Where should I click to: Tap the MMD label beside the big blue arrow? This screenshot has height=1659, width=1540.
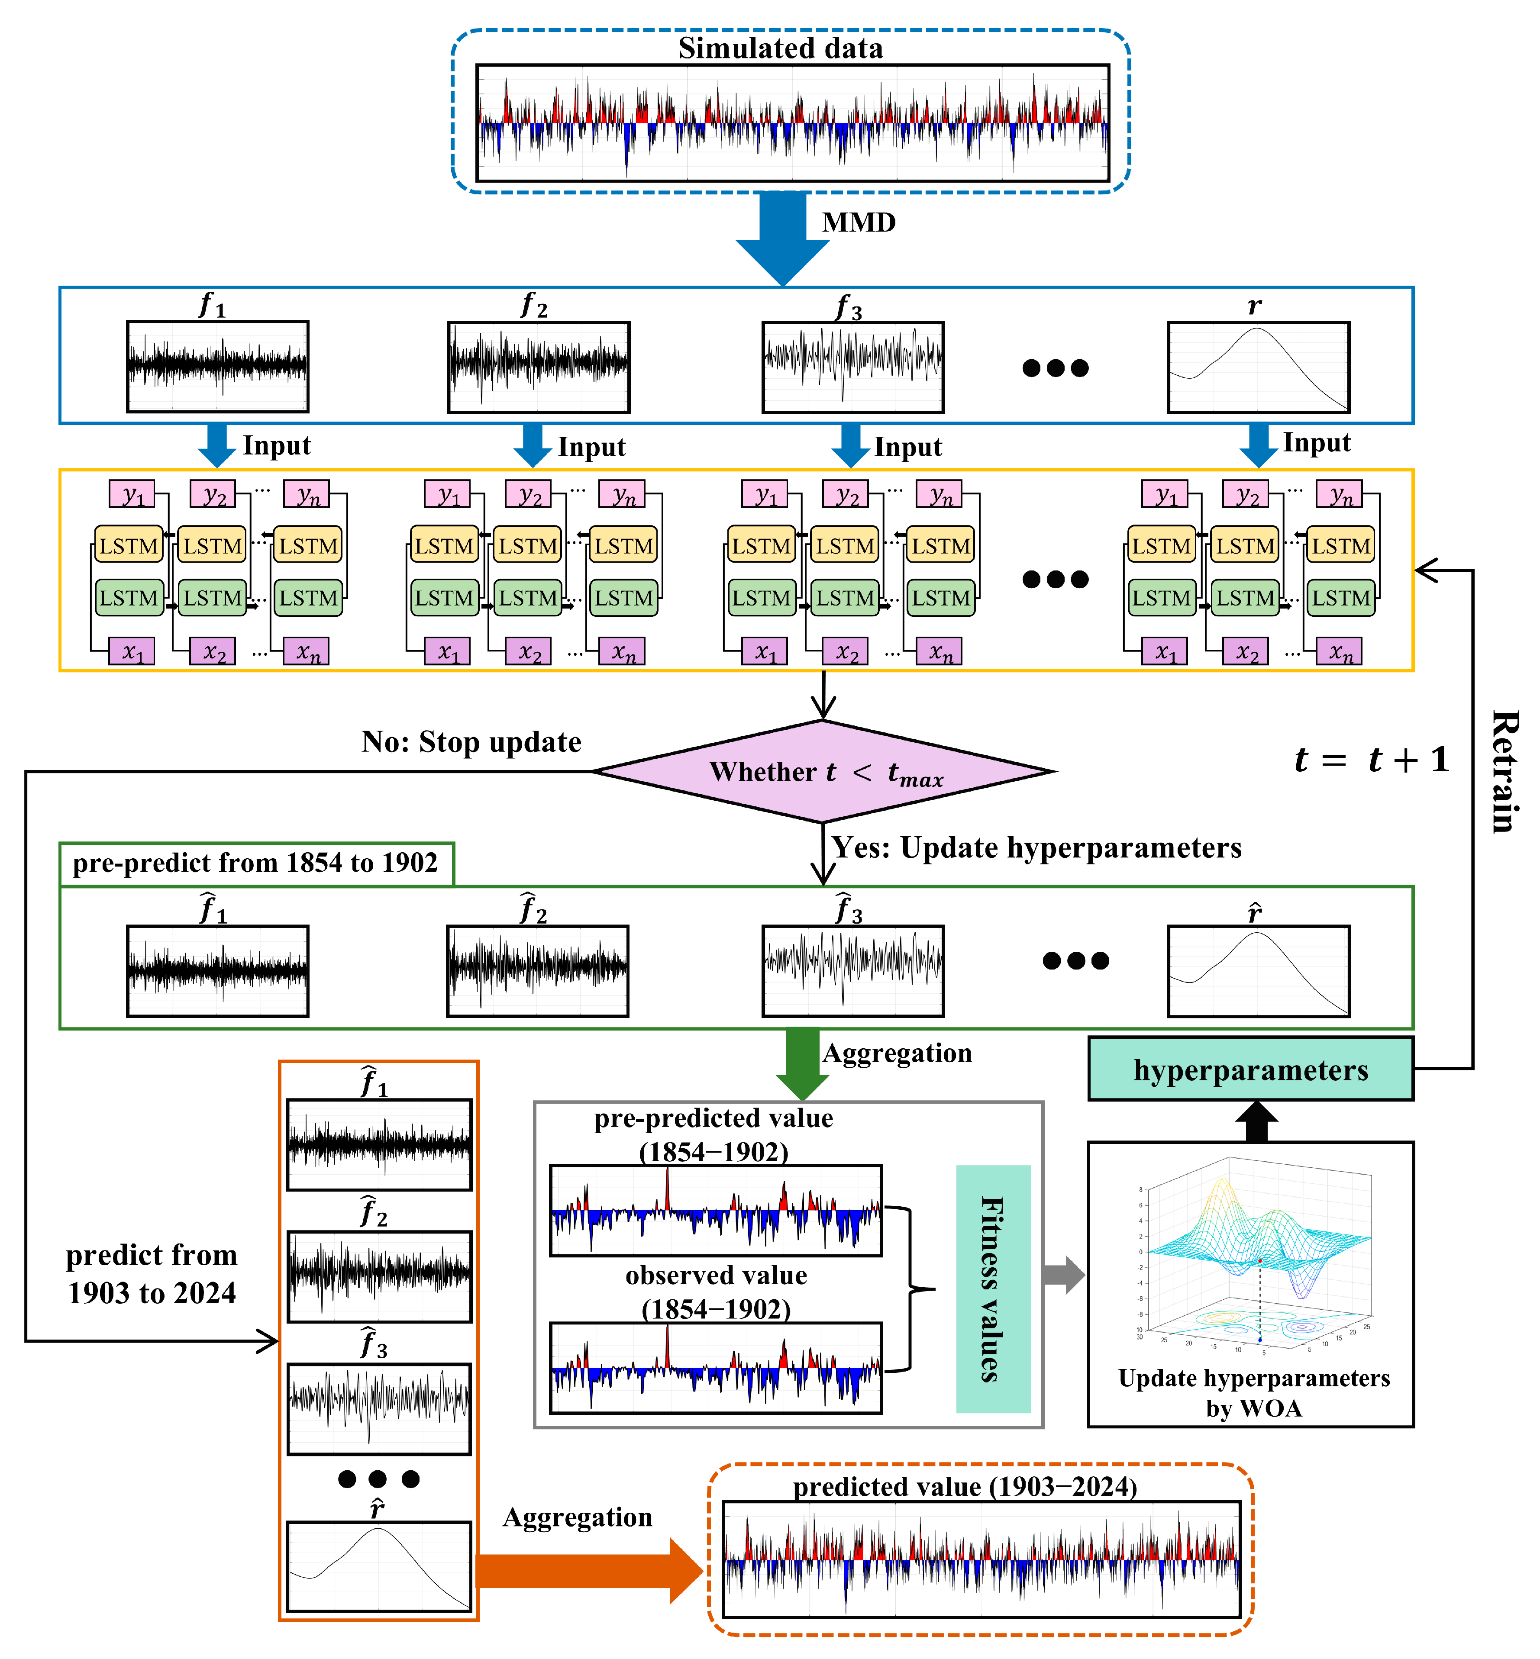(859, 222)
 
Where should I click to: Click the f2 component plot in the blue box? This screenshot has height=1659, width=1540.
(538, 367)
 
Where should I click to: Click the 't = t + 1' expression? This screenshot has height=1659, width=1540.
(1372, 760)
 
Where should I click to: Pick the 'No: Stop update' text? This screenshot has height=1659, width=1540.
(471, 741)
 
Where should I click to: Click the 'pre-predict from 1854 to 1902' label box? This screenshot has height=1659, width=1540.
(256, 863)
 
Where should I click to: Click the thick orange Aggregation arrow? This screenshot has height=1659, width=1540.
(588, 1571)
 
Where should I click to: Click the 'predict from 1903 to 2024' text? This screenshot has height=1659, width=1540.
(152, 1274)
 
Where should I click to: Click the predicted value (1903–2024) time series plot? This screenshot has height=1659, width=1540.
(981, 1559)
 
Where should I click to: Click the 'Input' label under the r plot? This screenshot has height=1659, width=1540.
(1316, 442)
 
